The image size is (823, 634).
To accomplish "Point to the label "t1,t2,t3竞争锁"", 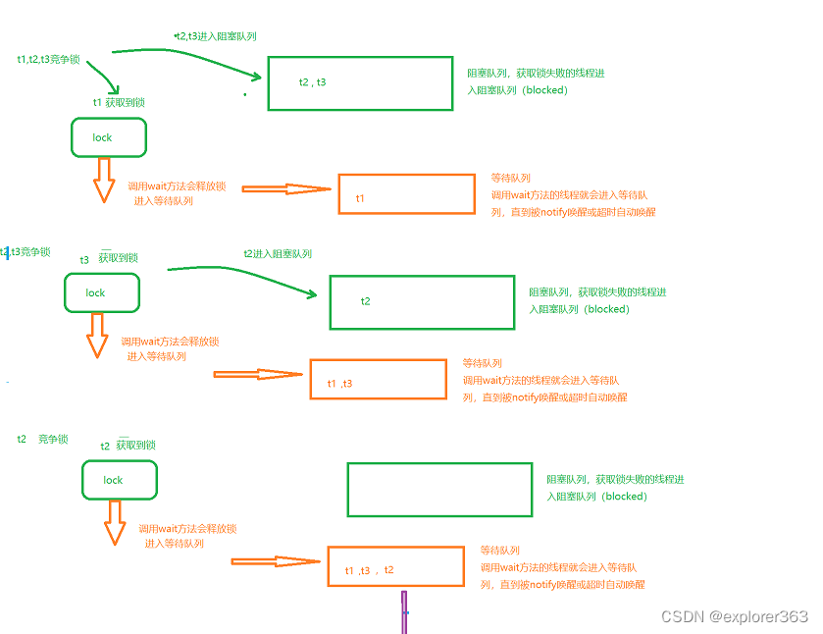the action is click(x=48, y=59).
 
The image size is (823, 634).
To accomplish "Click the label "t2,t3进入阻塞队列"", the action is click(x=216, y=36).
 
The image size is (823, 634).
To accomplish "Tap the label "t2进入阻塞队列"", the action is click(x=278, y=254).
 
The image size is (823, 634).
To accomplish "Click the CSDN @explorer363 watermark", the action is click(x=735, y=616).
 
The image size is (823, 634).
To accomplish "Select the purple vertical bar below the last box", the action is click(x=404, y=612).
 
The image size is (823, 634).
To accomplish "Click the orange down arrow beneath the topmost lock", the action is click(x=104, y=181).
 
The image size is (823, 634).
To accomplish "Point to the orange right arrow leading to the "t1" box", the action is click(x=286, y=189).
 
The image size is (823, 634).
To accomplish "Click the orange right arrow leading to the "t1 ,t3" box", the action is click(x=258, y=375).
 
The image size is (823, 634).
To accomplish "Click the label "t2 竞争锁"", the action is click(x=42, y=439).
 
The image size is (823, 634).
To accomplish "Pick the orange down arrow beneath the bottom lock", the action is click(x=115, y=523).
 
